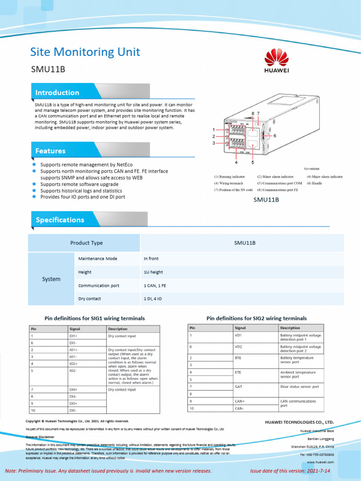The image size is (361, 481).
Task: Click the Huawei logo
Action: coord(276,62)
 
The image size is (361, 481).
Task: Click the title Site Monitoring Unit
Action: coord(85,52)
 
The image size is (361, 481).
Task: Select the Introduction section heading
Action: coord(57,93)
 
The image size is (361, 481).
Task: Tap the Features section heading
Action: coord(50,151)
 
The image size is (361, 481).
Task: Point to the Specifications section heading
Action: coord(60,220)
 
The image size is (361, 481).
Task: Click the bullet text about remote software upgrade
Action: coord(79,185)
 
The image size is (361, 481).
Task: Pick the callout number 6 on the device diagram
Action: coord(275,136)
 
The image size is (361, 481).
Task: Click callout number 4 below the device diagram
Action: coord(236,163)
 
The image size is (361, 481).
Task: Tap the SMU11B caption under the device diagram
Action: coord(266,200)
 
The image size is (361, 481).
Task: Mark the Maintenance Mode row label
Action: coord(98,259)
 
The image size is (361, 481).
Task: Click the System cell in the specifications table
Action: coord(51,279)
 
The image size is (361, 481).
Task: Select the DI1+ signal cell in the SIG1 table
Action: coord(74,336)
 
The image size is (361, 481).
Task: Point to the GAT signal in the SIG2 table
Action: coord(238,387)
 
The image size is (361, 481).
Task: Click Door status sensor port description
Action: coord(299,387)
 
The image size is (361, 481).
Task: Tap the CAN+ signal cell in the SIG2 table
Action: coord(240,401)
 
